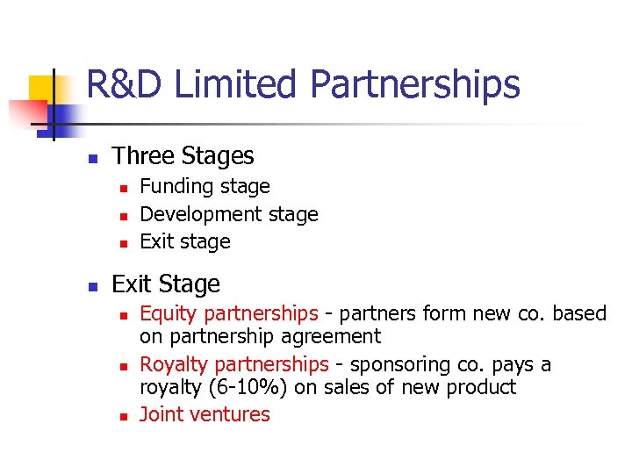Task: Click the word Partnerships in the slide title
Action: [x=414, y=85]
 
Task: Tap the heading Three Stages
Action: [x=183, y=156]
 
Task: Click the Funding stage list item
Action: [x=205, y=186]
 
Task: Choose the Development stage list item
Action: [x=229, y=214]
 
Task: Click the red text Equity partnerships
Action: [x=229, y=313]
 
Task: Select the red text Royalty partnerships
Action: [x=234, y=364]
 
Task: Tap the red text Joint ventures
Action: [x=205, y=414]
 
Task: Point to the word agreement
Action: [x=330, y=336]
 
